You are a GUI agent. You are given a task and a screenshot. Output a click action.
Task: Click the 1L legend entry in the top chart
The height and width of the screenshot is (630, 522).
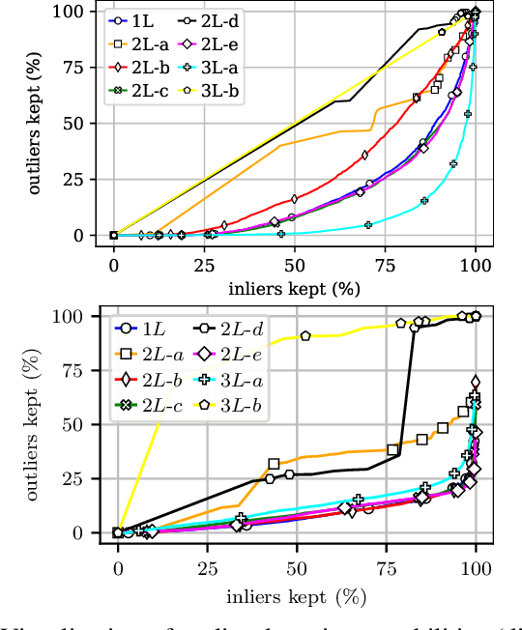pos(135,19)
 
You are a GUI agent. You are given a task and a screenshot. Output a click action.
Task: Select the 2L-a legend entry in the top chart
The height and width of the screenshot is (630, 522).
pos(141,43)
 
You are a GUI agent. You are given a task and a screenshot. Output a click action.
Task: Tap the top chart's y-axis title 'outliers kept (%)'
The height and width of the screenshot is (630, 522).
pos(36,124)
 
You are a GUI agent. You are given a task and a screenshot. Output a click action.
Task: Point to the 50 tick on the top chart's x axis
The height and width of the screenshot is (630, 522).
pos(295,263)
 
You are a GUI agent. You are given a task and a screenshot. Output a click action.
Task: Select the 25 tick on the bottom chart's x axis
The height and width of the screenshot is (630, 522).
pos(208,565)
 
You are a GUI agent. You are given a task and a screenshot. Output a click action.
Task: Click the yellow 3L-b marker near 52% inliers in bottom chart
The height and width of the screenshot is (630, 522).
pos(305,335)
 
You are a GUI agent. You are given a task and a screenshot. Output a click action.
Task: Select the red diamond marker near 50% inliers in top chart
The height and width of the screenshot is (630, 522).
pos(295,198)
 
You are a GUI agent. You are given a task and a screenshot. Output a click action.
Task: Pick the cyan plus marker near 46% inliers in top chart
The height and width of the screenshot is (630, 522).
pos(281,234)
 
